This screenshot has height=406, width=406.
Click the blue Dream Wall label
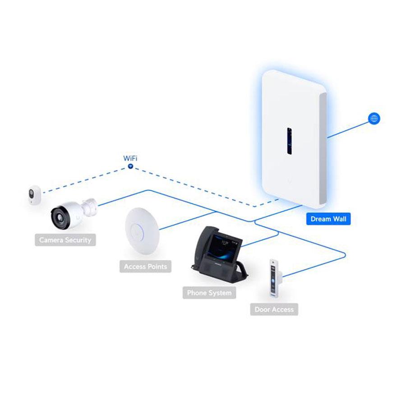[328, 219]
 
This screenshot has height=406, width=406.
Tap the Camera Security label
[65, 240]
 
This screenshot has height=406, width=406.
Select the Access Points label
[145, 267]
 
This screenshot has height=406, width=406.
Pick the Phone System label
[209, 293]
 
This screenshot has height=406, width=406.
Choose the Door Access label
[274, 309]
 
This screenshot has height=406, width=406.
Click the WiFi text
[130, 158]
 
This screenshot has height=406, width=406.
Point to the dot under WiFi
[130, 166]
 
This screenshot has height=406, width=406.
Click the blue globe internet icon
[374, 119]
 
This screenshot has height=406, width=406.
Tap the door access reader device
[273, 278]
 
